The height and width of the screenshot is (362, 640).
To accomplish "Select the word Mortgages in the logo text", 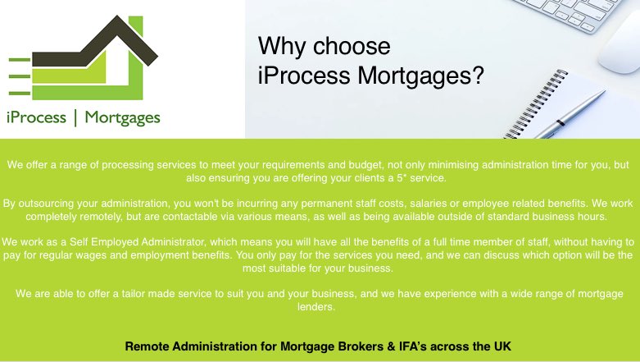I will (x=123, y=117).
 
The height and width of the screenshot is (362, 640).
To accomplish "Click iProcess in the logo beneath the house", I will (x=35, y=117).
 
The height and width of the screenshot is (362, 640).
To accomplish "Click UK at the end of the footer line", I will (x=502, y=346).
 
